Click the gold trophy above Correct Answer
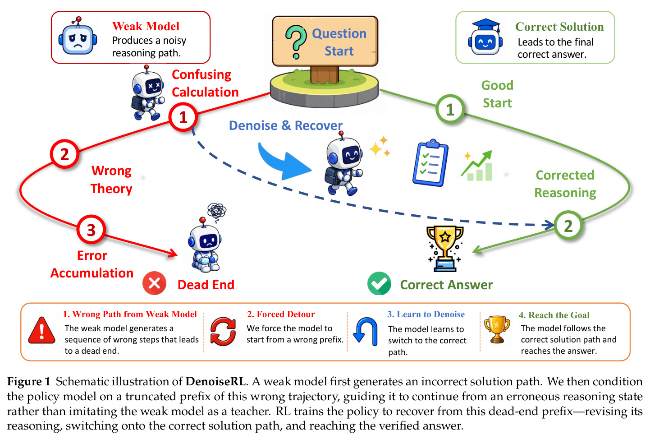[x=445, y=249]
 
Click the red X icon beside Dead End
[x=154, y=283]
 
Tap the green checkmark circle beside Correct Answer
[x=379, y=283]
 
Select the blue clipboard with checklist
[x=430, y=163]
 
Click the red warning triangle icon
[x=41, y=330]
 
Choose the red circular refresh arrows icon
[x=223, y=331]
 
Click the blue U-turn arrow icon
[x=366, y=332]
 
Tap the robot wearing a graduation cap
[x=485, y=37]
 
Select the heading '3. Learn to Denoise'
[x=426, y=314]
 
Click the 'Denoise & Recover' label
[x=285, y=125]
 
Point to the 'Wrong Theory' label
[x=111, y=180]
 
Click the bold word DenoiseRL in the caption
[x=215, y=381]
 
